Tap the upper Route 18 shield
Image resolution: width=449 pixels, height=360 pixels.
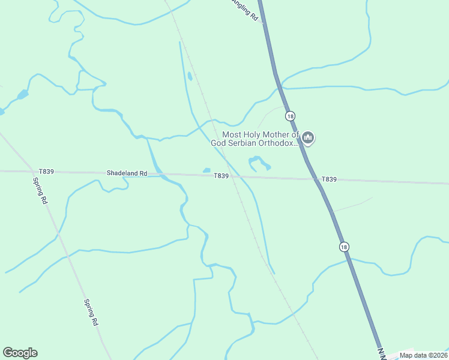click(x=291, y=116)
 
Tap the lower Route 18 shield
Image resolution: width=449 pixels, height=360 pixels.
click(x=343, y=247)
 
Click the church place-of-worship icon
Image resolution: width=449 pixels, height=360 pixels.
click(x=308, y=139)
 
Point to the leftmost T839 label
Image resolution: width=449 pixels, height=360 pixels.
click(x=46, y=172)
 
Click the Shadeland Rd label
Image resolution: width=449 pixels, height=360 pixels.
click(x=127, y=173)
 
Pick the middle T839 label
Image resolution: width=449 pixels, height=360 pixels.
click(x=221, y=175)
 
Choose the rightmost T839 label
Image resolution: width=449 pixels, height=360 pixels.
click(x=329, y=179)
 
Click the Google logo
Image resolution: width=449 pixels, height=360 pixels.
click(x=20, y=353)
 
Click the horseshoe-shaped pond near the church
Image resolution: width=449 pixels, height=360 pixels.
click(x=259, y=162)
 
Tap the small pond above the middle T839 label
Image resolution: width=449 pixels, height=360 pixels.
click(x=206, y=170)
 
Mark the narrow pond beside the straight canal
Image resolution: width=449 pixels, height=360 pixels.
click(x=190, y=76)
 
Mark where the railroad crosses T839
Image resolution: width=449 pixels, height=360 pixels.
click(x=232, y=176)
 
